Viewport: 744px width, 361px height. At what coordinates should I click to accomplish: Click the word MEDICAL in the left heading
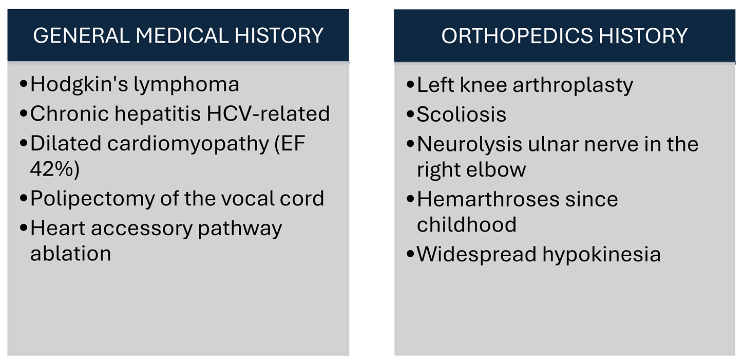[182, 35]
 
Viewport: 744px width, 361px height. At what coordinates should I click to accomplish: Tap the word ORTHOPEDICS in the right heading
[517, 35]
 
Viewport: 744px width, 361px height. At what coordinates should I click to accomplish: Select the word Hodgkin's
[79, 84]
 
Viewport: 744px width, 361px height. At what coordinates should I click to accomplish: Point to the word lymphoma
[186, 84]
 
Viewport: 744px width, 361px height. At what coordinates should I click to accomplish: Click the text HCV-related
[268, 113]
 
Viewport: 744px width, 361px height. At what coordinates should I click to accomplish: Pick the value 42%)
[55, 169]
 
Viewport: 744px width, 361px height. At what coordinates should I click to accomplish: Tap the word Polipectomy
[92, 199]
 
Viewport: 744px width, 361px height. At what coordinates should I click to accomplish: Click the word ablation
[71, 254]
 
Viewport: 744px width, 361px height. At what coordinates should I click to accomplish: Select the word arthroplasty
[573, 85]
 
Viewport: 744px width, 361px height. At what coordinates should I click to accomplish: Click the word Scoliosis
[462, 115]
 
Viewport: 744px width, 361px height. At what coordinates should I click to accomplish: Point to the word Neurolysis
[469, 145]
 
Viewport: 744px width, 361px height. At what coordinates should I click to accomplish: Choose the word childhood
[467, 224]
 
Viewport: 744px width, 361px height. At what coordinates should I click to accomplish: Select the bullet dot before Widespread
[411, 254]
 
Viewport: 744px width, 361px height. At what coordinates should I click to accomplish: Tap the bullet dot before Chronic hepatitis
[24, 113]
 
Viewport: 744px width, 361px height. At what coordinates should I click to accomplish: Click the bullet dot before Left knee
[411, 84]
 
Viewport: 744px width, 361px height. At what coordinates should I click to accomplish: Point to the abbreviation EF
[293, 143]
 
